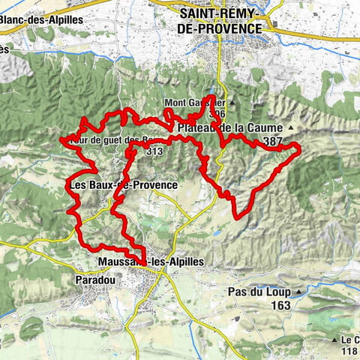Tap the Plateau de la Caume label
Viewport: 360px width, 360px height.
point(229,127)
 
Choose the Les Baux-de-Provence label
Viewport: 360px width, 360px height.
point(122,184)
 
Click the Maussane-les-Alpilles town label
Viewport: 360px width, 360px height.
point(150,261)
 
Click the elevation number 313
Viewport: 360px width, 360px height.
point(155,151)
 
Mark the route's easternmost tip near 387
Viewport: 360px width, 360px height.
point(300,151)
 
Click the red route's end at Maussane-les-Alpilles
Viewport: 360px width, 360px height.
point(142,262)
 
